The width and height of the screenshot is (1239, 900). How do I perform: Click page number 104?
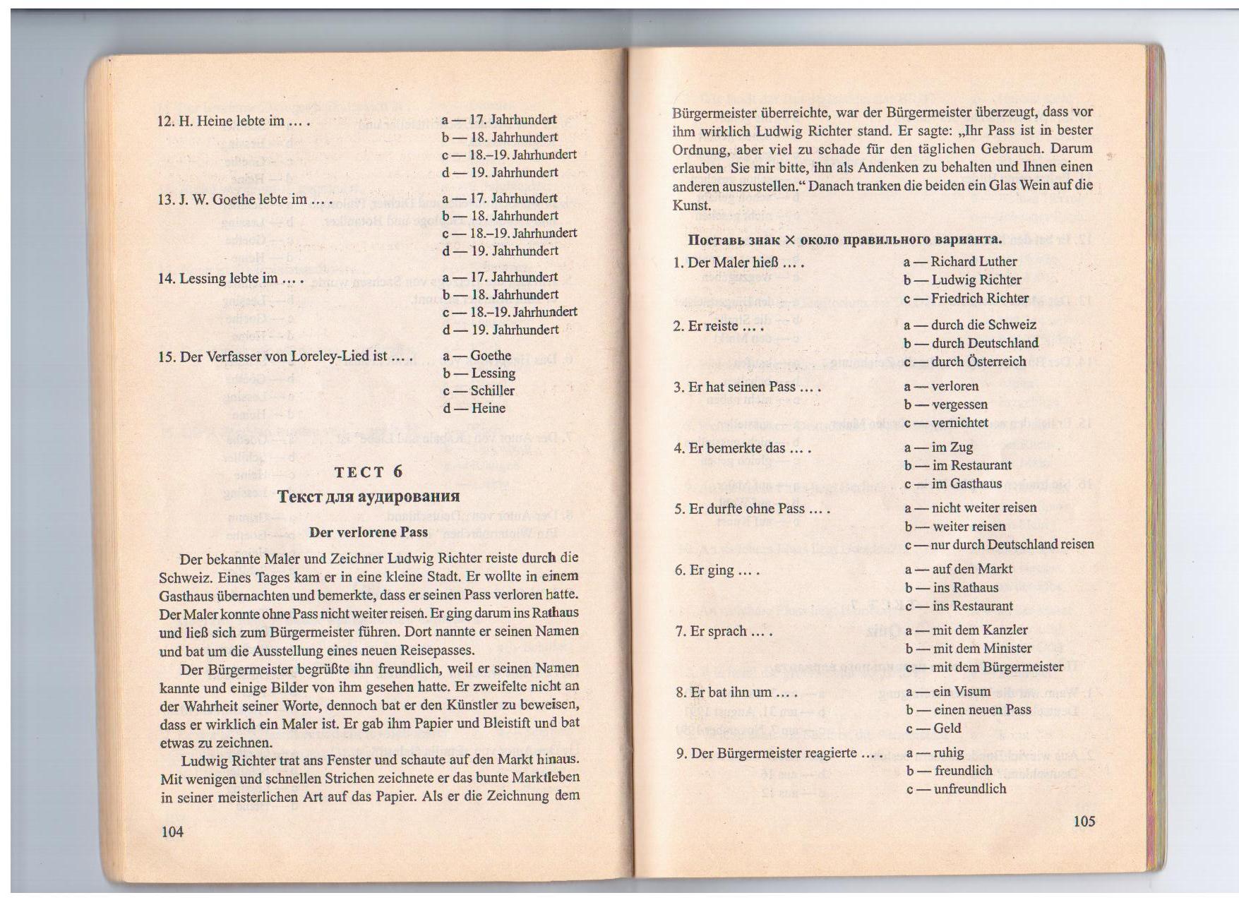tap(172, 832)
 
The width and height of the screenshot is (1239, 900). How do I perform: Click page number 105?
tap(1084, 821)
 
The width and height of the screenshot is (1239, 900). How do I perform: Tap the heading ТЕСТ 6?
tap(369, 472)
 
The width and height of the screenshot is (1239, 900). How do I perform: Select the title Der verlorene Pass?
tap(369, 532)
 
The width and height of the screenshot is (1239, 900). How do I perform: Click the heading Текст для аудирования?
tap(369, 496)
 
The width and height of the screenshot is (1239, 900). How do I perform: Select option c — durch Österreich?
tap(965, 361)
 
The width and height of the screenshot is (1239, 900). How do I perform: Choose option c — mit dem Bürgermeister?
tap(984, 667)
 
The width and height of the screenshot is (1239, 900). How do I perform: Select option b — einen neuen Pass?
tap(969, 710)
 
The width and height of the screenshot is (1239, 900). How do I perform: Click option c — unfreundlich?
tap(956, 789)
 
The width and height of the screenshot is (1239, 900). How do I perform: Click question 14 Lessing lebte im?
tap(230, 279)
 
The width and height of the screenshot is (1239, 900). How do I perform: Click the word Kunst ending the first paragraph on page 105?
tap(691, 205)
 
